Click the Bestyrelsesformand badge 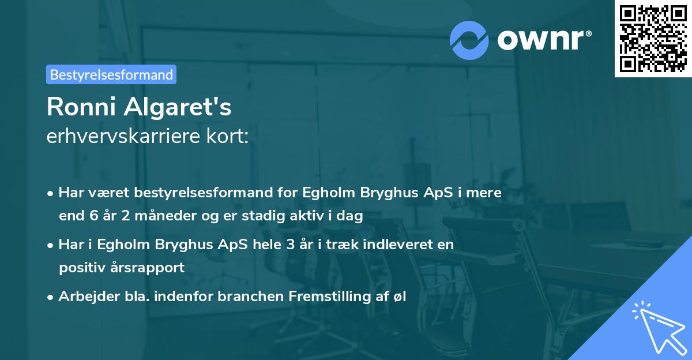click(x=111, y=74)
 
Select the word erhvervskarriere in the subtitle click(x=122, y=137)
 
